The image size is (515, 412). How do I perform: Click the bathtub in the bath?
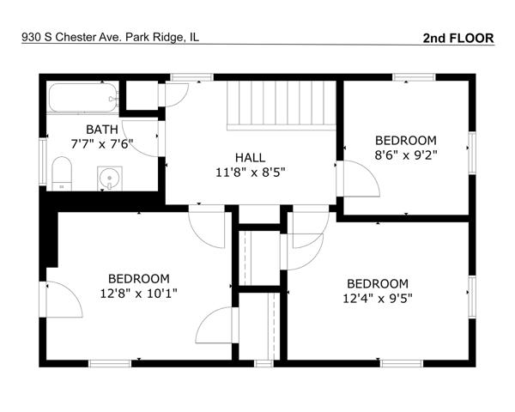83,98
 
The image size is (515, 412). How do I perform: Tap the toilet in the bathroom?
62,173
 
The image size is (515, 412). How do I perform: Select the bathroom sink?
110,179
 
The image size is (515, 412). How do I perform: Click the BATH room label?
102,130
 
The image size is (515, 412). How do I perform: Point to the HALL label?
251,158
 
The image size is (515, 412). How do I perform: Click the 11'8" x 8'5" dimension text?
251,173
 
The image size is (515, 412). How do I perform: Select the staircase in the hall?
282,105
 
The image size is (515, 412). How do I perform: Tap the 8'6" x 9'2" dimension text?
406,155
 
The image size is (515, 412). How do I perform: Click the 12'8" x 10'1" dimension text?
138,293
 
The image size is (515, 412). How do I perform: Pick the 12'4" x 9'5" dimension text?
378,299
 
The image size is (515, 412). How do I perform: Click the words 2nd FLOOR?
458,38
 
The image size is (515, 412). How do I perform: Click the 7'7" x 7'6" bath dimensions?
102,144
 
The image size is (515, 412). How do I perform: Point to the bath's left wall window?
43,161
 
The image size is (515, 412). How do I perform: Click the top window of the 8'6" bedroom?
414,77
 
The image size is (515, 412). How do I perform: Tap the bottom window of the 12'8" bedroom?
110,363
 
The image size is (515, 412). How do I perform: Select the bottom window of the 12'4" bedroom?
402,363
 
